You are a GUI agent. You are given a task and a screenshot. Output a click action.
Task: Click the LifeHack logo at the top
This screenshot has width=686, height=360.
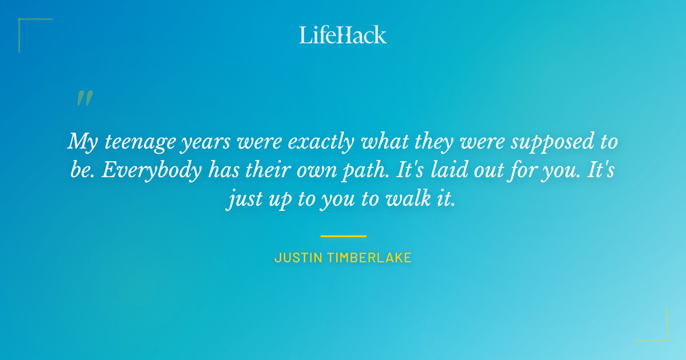(x=343, y=35)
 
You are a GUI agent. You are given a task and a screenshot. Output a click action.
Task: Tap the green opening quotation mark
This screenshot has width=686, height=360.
(x=84, y=98)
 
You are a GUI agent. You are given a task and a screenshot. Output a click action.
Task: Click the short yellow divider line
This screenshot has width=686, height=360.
(x=343, y=235)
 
